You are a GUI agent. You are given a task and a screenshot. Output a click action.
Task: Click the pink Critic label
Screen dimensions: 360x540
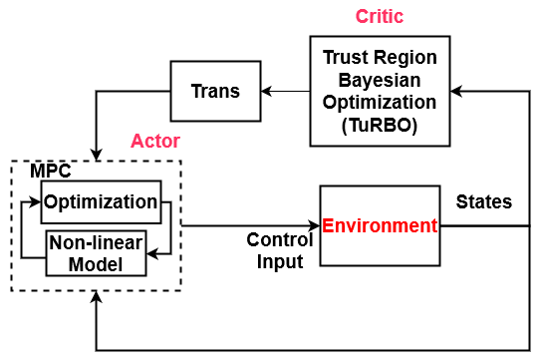pyautogui.click(x=380, y=17)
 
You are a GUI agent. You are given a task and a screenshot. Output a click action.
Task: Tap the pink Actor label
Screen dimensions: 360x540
pyautogui.click(x=155, y=141)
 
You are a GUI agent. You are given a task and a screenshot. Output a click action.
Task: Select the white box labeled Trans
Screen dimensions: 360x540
pyautogui.click(x=215, y=91)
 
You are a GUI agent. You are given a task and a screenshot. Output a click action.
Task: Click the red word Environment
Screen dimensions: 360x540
pyautogui.click(x=380, y=225)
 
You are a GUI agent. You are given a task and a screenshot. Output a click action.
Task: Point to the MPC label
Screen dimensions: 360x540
pyautogui.click(x=50, y=171)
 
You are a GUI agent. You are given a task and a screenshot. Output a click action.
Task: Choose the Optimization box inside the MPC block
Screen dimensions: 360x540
pyautogui.click(x=100, y=202)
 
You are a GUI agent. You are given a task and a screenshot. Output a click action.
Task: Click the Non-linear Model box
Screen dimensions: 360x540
pyautogui.click(x=97, y=253)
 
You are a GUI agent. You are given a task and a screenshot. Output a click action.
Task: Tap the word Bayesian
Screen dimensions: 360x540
pyautogui.click(x=380, y=81)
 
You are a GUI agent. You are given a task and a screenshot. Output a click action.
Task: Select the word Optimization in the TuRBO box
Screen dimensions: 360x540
pyautogui.click(x=380, y=103)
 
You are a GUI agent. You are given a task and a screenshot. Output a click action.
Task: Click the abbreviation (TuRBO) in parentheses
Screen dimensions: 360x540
pyautogui.click(x=380, y=126)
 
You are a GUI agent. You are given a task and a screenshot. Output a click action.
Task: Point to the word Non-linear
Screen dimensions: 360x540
pyautogui.click(x=97, y=243)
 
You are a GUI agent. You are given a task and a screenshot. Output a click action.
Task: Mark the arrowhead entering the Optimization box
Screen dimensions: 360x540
pyautogui.click(x=36, y=202)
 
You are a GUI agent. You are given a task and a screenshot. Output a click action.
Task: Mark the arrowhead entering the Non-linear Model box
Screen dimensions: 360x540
pyautogui.click(x=151, y=253)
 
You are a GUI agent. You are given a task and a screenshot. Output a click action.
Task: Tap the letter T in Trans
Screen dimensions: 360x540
pyautogui.click(x=196, y=91)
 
